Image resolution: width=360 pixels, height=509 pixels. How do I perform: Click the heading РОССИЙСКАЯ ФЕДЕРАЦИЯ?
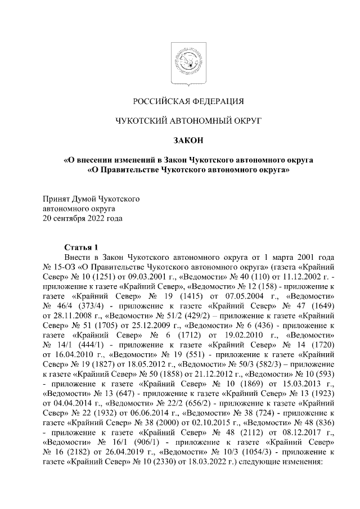188,101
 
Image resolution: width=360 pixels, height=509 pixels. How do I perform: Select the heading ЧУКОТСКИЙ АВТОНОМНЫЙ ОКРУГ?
188,120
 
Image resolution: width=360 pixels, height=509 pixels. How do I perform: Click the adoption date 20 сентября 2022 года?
83,218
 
